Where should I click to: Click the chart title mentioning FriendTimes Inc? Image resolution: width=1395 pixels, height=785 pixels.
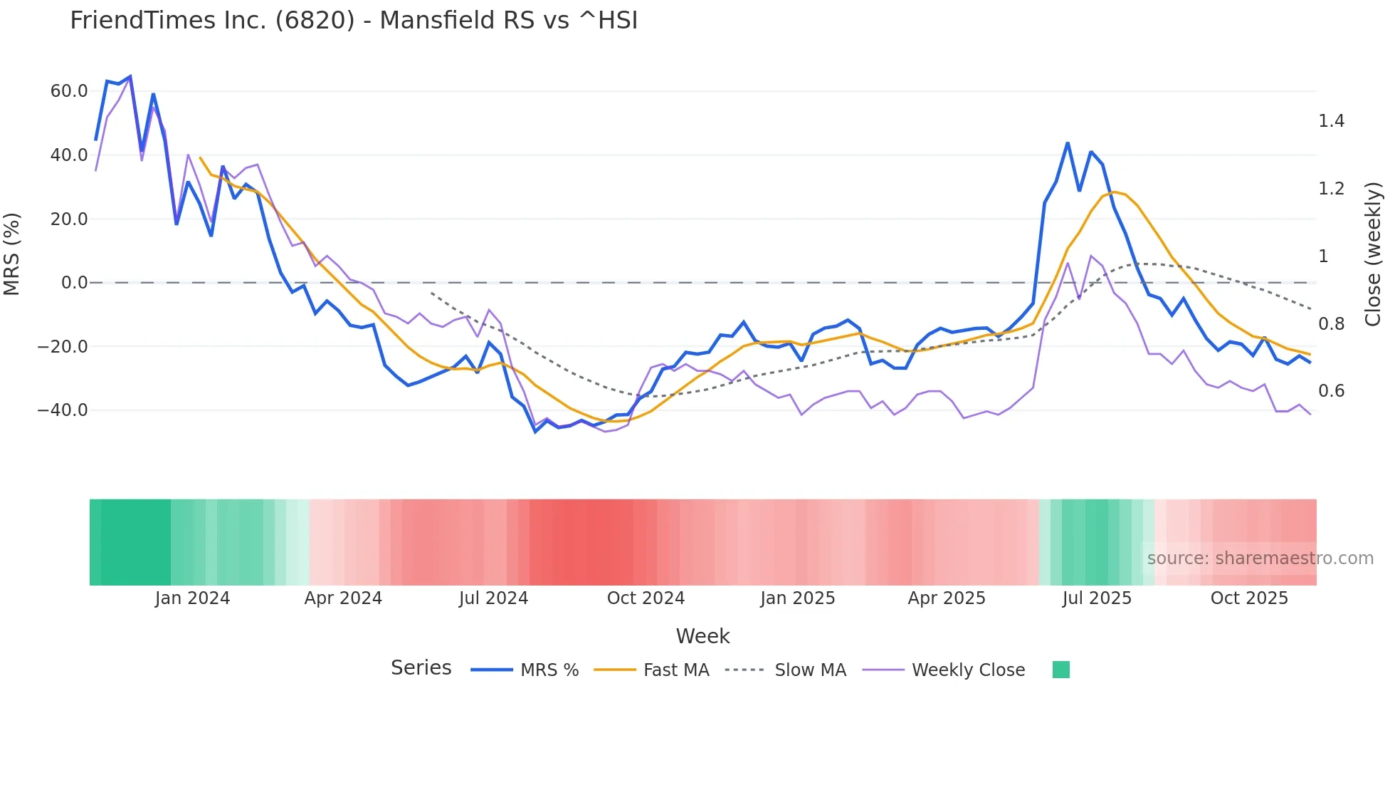click(x=354, y=21)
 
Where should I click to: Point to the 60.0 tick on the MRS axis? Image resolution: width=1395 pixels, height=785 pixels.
click(x=69, y=91)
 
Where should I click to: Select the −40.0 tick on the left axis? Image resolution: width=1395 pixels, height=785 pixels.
click(x=63, y=410)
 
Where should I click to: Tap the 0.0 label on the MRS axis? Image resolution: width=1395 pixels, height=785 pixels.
click(x=74, y=283)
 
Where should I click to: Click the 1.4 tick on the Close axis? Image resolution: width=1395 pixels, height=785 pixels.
click(x=1331, y=121)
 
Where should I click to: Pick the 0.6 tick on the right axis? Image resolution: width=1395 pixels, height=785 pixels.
click(x=1331, y=391)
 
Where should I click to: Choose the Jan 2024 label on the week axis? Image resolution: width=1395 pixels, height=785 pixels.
click(x=192, y=598)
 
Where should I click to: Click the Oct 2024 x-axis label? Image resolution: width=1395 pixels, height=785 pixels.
click(x=646, y=598)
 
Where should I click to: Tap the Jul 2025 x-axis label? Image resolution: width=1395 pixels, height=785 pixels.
click(x=1097, y=598)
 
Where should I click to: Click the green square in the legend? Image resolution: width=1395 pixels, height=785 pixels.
click(x=1060, y=670)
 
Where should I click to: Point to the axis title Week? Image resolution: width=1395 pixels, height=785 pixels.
click(x=702, y=636)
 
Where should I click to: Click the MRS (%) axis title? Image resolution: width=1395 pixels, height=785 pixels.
click(x=12, y=254)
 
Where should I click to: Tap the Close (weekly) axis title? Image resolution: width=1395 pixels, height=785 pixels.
click(x=1373, y=254)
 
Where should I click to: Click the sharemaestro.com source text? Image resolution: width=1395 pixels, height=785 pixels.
click(x=1260, y=558)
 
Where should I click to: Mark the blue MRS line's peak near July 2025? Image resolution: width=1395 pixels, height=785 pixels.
click(x=1068, y=143)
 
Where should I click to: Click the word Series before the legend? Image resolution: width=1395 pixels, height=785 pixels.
click(x=421, y=668)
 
